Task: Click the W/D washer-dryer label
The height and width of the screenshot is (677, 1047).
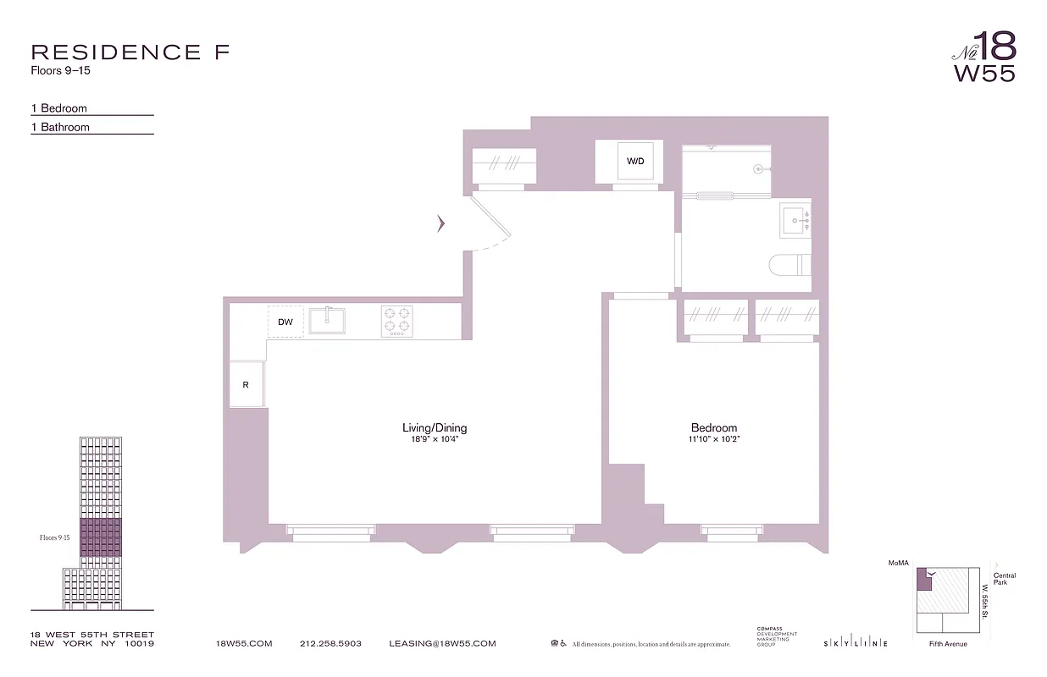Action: [x=634, y=161]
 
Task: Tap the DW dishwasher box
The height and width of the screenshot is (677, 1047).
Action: [x=285, y=322]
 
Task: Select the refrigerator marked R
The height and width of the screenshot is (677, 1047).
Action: [x=246, y=385]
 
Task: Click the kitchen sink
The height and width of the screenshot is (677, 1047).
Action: [x=326, y=321]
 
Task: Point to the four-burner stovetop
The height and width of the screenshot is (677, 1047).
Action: [x=396, y=321]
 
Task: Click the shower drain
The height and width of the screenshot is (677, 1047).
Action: [x=759, y=168]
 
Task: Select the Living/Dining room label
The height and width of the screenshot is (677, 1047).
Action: [x=435, y=428]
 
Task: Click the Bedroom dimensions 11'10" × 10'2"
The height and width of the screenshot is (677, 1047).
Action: [x=713, y=440]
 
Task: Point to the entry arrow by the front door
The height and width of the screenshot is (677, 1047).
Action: [x=440, y=223]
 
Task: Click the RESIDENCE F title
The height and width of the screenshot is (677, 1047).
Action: [x=130, y=52]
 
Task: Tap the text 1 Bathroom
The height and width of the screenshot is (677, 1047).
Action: [x=60, y=127]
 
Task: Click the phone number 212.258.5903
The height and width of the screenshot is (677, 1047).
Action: [x=330, y=644]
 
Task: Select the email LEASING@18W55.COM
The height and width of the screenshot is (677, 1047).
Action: [x=442, y=644]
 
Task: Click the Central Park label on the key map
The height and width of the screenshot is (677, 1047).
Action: [x=1005, y=580]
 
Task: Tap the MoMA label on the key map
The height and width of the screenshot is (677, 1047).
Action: [x=898, y=562]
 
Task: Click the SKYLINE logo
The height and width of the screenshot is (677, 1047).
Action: [x=855, y=644]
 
